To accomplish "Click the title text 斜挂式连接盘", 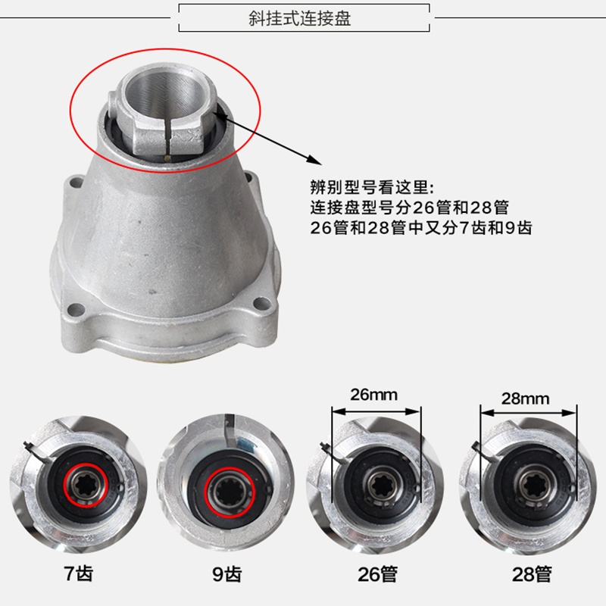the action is point(299,18).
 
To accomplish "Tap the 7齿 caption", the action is point(79,573).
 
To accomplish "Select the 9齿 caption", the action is point(226,574).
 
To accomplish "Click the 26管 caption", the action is point(377,574).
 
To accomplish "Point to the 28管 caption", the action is point(532,574).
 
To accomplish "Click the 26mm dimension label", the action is point(373,395).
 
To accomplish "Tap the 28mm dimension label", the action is point(525,398).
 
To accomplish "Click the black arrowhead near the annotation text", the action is point(314,160).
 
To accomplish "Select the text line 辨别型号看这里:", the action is point(372,187).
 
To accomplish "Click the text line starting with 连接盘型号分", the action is point(409,208).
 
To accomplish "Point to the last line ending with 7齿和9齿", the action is point(421,228).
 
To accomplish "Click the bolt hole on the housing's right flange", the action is point(262,304).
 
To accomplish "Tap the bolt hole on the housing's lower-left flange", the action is point(76,310).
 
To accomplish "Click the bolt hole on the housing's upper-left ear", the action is point(77,182).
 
